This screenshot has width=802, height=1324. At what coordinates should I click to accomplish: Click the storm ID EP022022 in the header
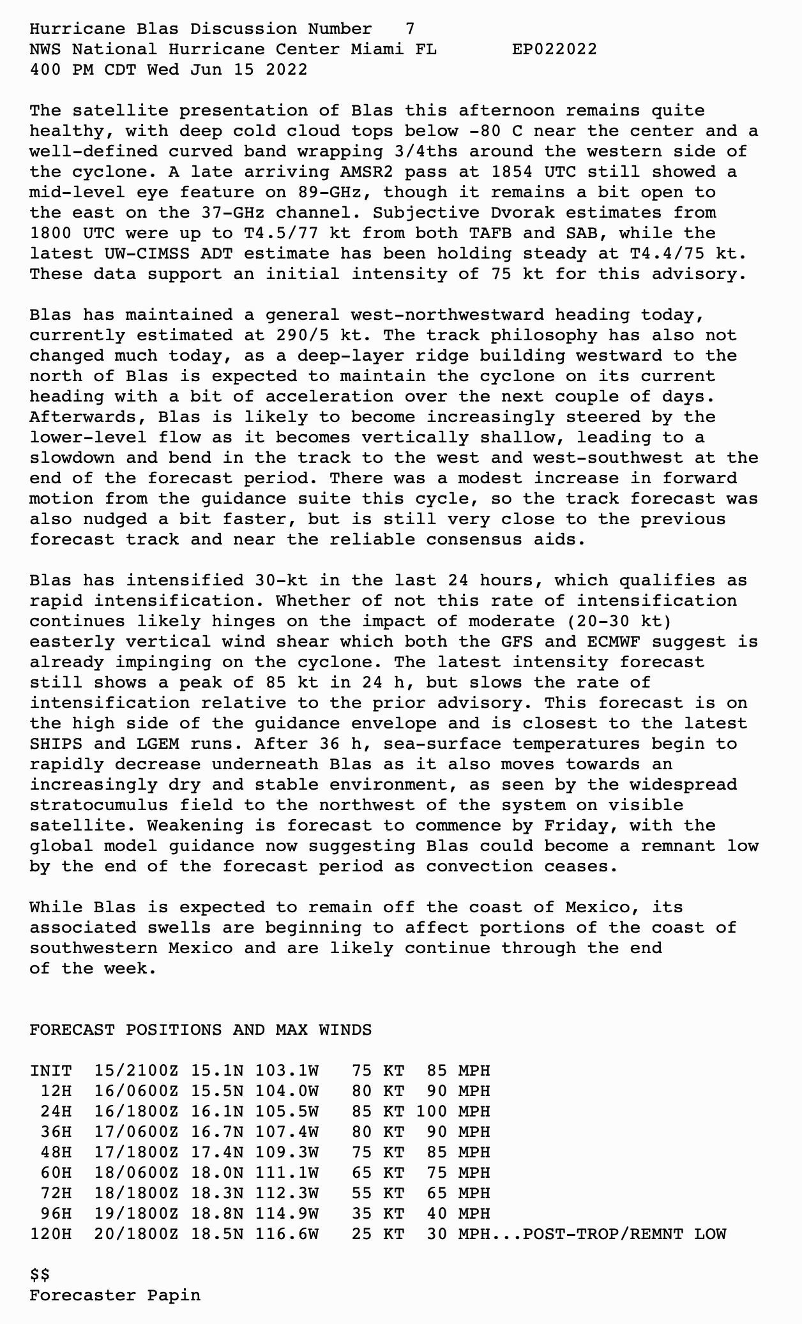554,49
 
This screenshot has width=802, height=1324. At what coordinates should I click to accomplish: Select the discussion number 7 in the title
409,29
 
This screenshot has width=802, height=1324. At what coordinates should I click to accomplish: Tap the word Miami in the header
377,49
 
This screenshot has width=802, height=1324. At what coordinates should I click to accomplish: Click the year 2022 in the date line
286,70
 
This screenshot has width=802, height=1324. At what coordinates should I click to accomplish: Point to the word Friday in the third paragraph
576,825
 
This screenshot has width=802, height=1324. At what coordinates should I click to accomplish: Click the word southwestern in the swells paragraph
93,948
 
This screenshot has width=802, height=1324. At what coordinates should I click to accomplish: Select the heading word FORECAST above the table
72,1030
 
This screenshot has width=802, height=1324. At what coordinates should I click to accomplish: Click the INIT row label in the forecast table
51,1071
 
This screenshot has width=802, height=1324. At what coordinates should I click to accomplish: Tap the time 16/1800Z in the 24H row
137,1111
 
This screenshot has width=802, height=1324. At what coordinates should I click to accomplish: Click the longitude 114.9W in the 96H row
287,1214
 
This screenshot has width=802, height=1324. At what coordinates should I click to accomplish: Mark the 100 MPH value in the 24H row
453,1111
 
